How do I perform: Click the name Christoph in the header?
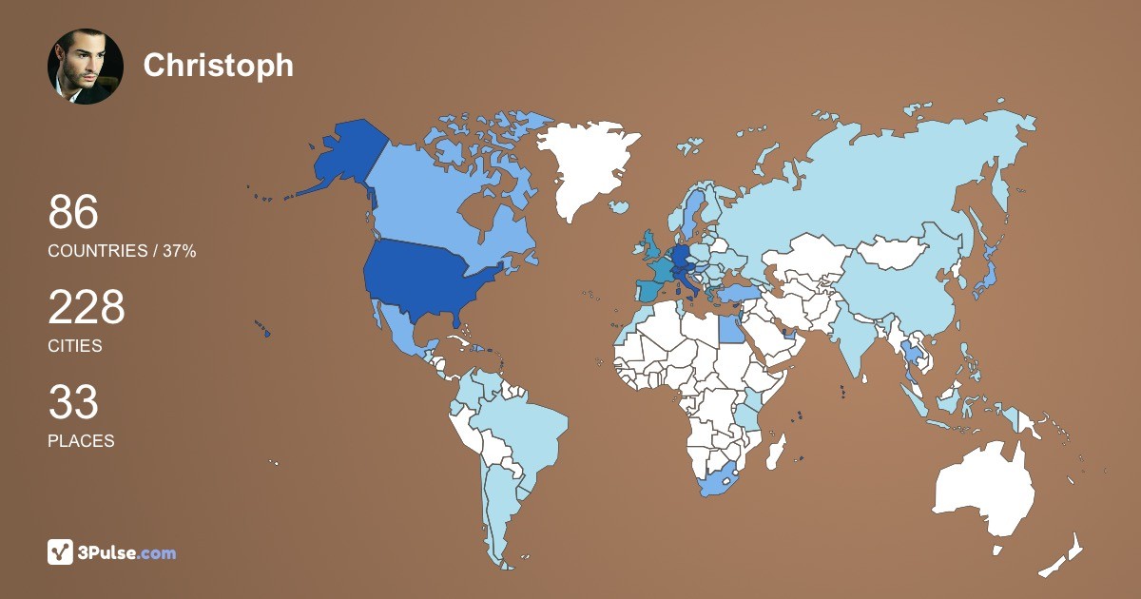218,65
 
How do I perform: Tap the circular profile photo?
86,66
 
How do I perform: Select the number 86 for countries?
73,212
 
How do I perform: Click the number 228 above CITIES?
87,308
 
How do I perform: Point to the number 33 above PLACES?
73,402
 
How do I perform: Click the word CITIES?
75,346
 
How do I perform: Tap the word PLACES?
81,441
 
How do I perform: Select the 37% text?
177,251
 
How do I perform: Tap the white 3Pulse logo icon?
61,551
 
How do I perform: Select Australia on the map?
984,490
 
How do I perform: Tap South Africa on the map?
723,480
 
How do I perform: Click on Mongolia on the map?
894,252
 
